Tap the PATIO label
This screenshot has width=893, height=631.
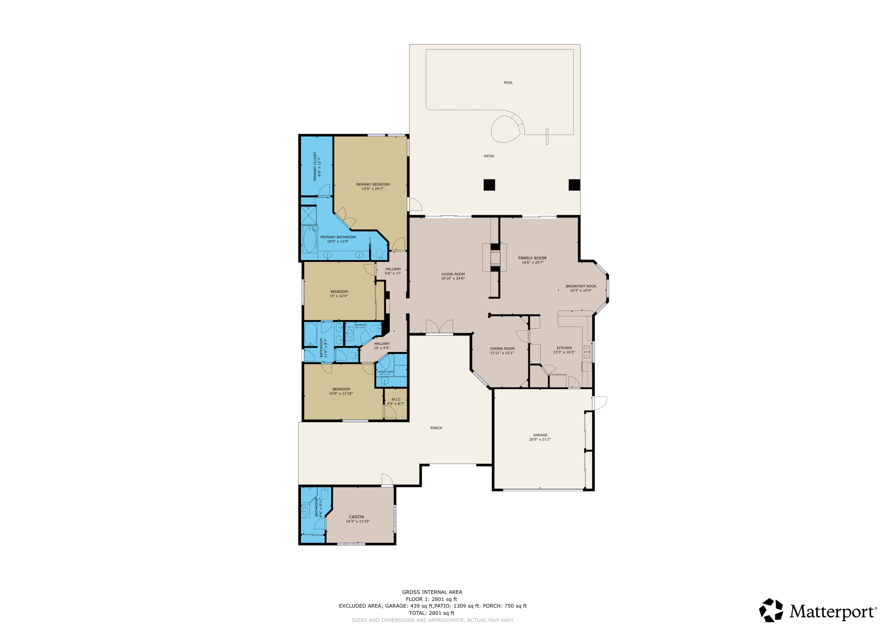(489, 156)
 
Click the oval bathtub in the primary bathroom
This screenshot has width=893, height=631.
(310, 240)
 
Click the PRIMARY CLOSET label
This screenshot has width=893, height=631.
(315, 166)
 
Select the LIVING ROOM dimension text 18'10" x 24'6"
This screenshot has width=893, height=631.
(453, 278)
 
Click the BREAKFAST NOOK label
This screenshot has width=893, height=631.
(581, 286)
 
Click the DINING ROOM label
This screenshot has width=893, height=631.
(502, 349)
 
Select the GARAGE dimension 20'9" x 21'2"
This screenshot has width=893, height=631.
(540, 439)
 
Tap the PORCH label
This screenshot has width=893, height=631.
(436, 428)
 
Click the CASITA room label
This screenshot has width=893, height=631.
(356, 517)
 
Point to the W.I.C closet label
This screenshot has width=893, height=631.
(396, 399)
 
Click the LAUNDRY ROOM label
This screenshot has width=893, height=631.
(385, 372)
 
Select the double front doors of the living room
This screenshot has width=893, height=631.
(439, 327)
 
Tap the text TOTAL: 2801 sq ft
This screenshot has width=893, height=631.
(432, 613)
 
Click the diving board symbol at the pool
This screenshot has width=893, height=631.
(547, 136)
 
